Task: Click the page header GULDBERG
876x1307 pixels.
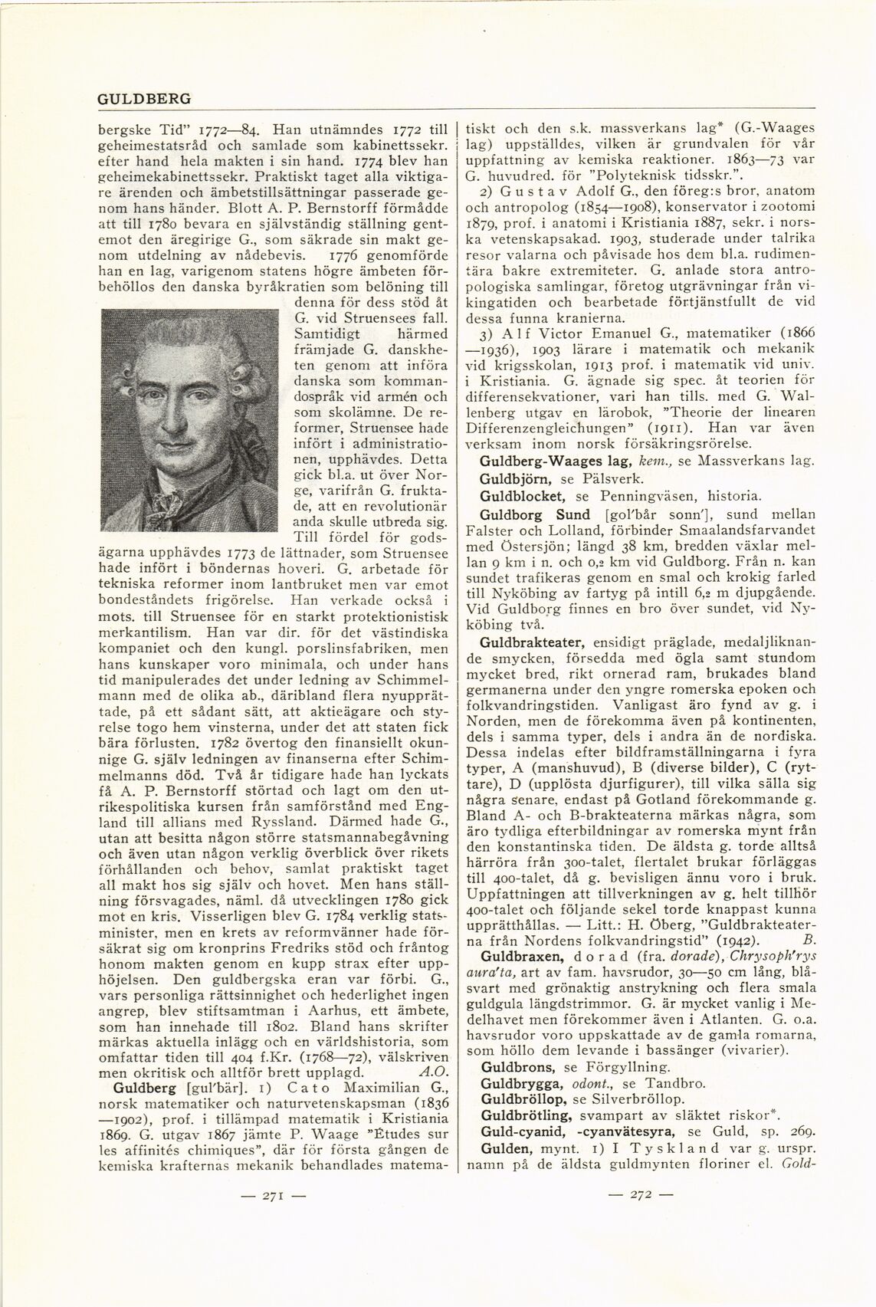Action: coord(144,100)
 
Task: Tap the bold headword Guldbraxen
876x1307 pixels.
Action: coord(515,977)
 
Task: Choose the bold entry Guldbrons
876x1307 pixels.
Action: coord(510,1066)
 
